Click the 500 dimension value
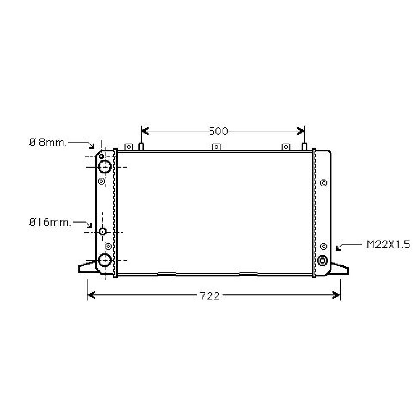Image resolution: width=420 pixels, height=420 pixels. coord(218,131)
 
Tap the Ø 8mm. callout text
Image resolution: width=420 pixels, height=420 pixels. coord(48,142)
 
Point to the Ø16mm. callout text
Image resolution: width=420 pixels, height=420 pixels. coord(50,222)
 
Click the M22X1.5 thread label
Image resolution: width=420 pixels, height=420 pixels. coord(388,245)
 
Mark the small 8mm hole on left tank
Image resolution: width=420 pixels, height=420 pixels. coord(102,156)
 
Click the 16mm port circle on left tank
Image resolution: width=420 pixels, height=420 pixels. coord(103,232)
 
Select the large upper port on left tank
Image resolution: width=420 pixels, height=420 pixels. coord(104,167)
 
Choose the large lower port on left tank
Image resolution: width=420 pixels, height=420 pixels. coord(104,260)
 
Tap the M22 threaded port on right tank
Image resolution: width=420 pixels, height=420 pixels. coord(323,260)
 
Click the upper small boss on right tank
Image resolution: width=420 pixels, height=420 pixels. coord(323,183)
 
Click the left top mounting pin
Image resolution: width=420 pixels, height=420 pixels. coord(142,146)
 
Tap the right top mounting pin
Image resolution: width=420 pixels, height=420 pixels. coord(304,146)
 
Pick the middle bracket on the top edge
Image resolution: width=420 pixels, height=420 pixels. coord(216,147)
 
